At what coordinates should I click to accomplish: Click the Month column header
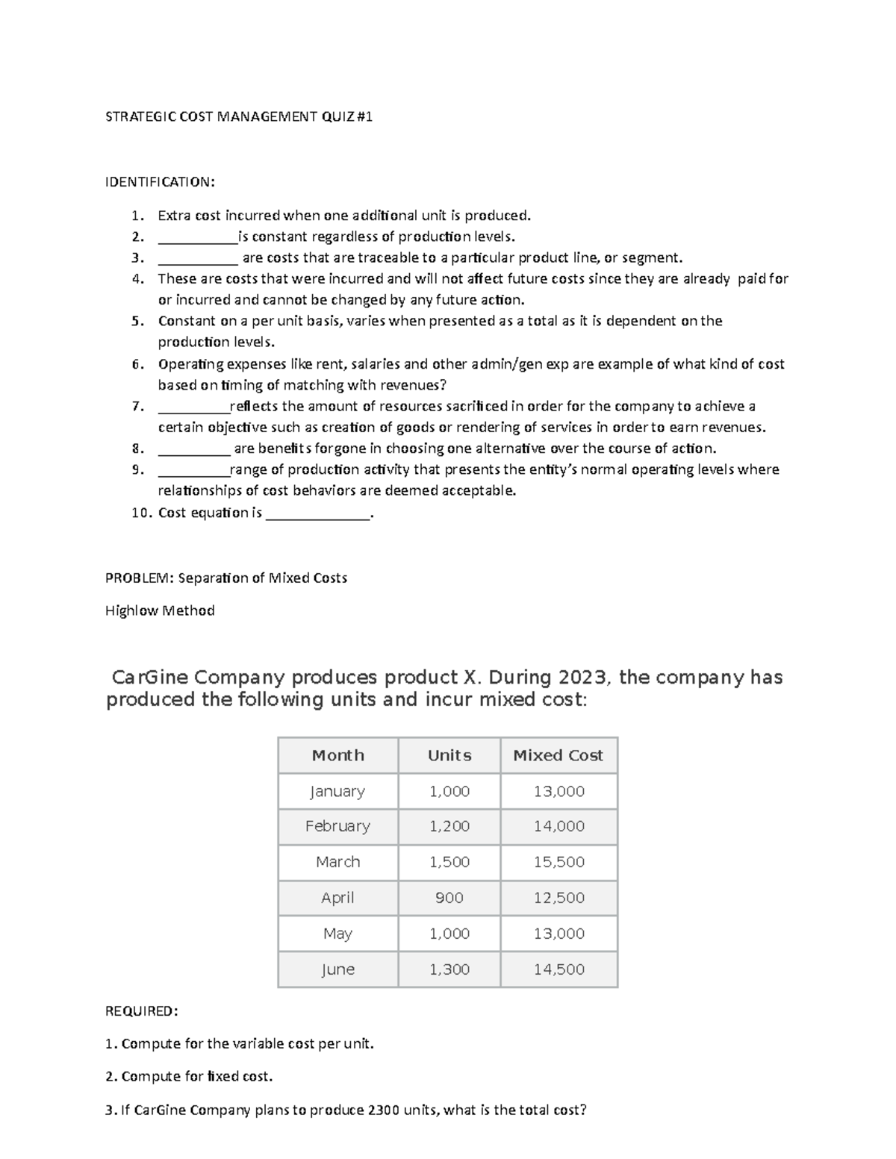[337, 755]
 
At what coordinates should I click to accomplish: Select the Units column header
[449, 755]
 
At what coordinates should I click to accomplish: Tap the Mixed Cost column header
[558, 755]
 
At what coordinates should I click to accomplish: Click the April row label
[337, 898]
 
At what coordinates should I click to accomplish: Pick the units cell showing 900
[449, 898]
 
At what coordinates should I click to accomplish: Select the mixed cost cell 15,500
[559, 862]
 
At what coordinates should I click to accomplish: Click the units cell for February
[449, 826]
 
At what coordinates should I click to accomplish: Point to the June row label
[337, 969]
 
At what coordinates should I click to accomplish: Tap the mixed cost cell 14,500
[559, 969]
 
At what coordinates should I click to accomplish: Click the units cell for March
[449, 862]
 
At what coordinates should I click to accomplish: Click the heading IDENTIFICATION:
[160, 182]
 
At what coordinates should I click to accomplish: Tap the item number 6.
[137, 364]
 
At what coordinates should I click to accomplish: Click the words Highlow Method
[160, 610]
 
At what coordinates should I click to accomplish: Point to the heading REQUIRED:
[142, 1011]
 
